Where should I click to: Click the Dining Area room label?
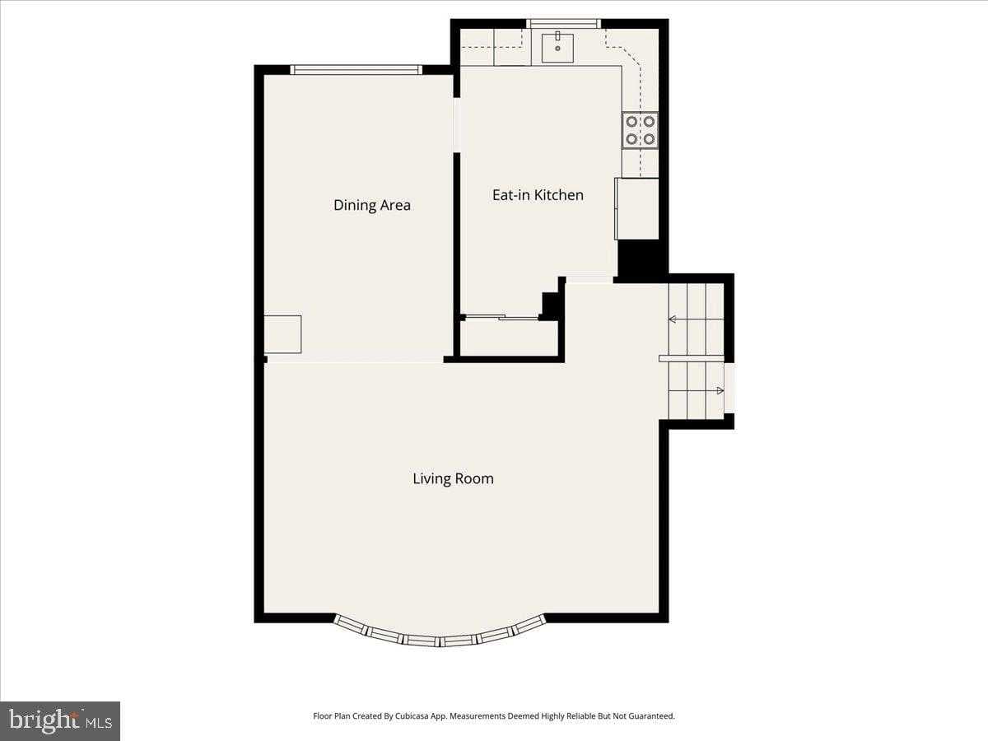click(371, 205)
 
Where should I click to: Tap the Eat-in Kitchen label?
click(538, 195)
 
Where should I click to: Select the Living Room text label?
click(453, 478)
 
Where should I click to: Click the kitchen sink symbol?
click(557, 48)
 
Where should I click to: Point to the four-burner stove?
click(640, 130)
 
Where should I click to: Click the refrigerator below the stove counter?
click(637, 208)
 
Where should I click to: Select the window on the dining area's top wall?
click(356, 70)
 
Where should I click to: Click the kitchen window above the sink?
click(563, 24)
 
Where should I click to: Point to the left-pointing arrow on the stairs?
click(673, 319)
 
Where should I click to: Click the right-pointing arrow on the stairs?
click(719, 390)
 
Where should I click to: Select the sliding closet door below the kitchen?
click(499, 317)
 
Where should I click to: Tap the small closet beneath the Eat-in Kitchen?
click(508, 338)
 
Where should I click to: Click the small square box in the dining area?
click(282, 334)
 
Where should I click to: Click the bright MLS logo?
click(60, 721)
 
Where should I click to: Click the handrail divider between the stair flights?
click(691, 358)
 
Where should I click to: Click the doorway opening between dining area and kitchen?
click(456, 124)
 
